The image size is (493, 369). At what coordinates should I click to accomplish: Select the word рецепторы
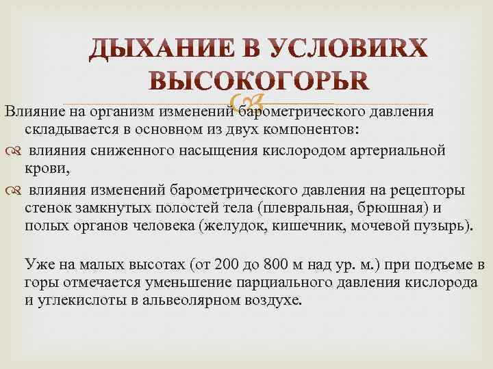pyautogui.click(x=421, y=189)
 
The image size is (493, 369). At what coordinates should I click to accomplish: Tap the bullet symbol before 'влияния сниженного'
pyautogui.click(x=10, y=150)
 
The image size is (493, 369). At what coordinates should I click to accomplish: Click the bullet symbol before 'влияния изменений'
pyautogui.click(x=10, y=189)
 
